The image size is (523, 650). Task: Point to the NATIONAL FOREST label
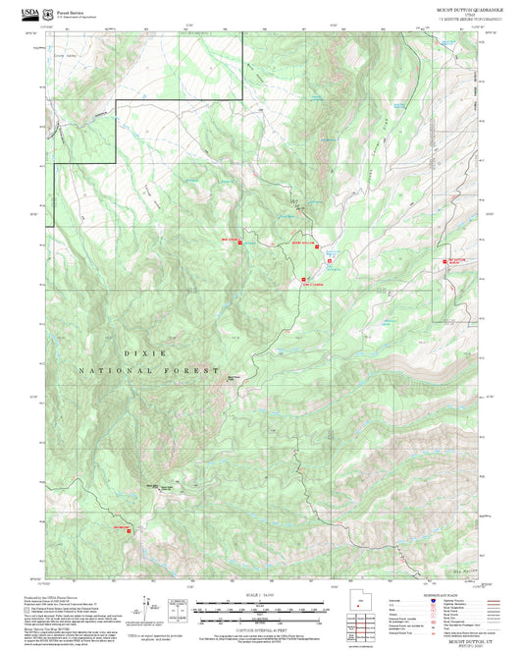pyautogui.click(x=149, y=371)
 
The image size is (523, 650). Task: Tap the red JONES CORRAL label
pyautogui.click(x=312, y=283)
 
